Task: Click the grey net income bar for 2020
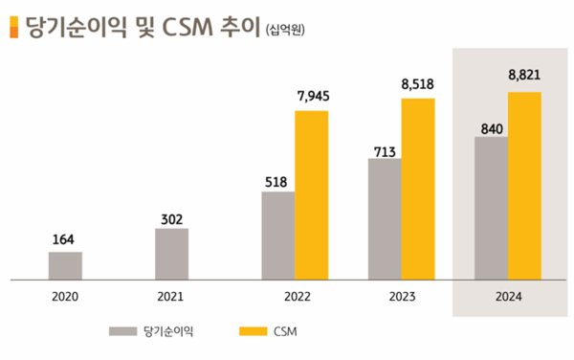point(65,266)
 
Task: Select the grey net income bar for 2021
point(171,255)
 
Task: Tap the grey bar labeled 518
point(277,236)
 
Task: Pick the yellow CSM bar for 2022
point(311,195)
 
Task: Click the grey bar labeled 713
point(385,219)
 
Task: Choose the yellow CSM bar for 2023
point(418,190)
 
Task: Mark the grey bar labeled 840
point(491,209)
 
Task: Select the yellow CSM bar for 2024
point(524,187)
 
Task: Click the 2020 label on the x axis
point(65,297)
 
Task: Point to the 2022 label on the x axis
point(295,297)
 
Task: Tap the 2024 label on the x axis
point(508,297)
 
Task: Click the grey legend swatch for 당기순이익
point(121,331)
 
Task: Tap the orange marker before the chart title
point(11,27)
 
